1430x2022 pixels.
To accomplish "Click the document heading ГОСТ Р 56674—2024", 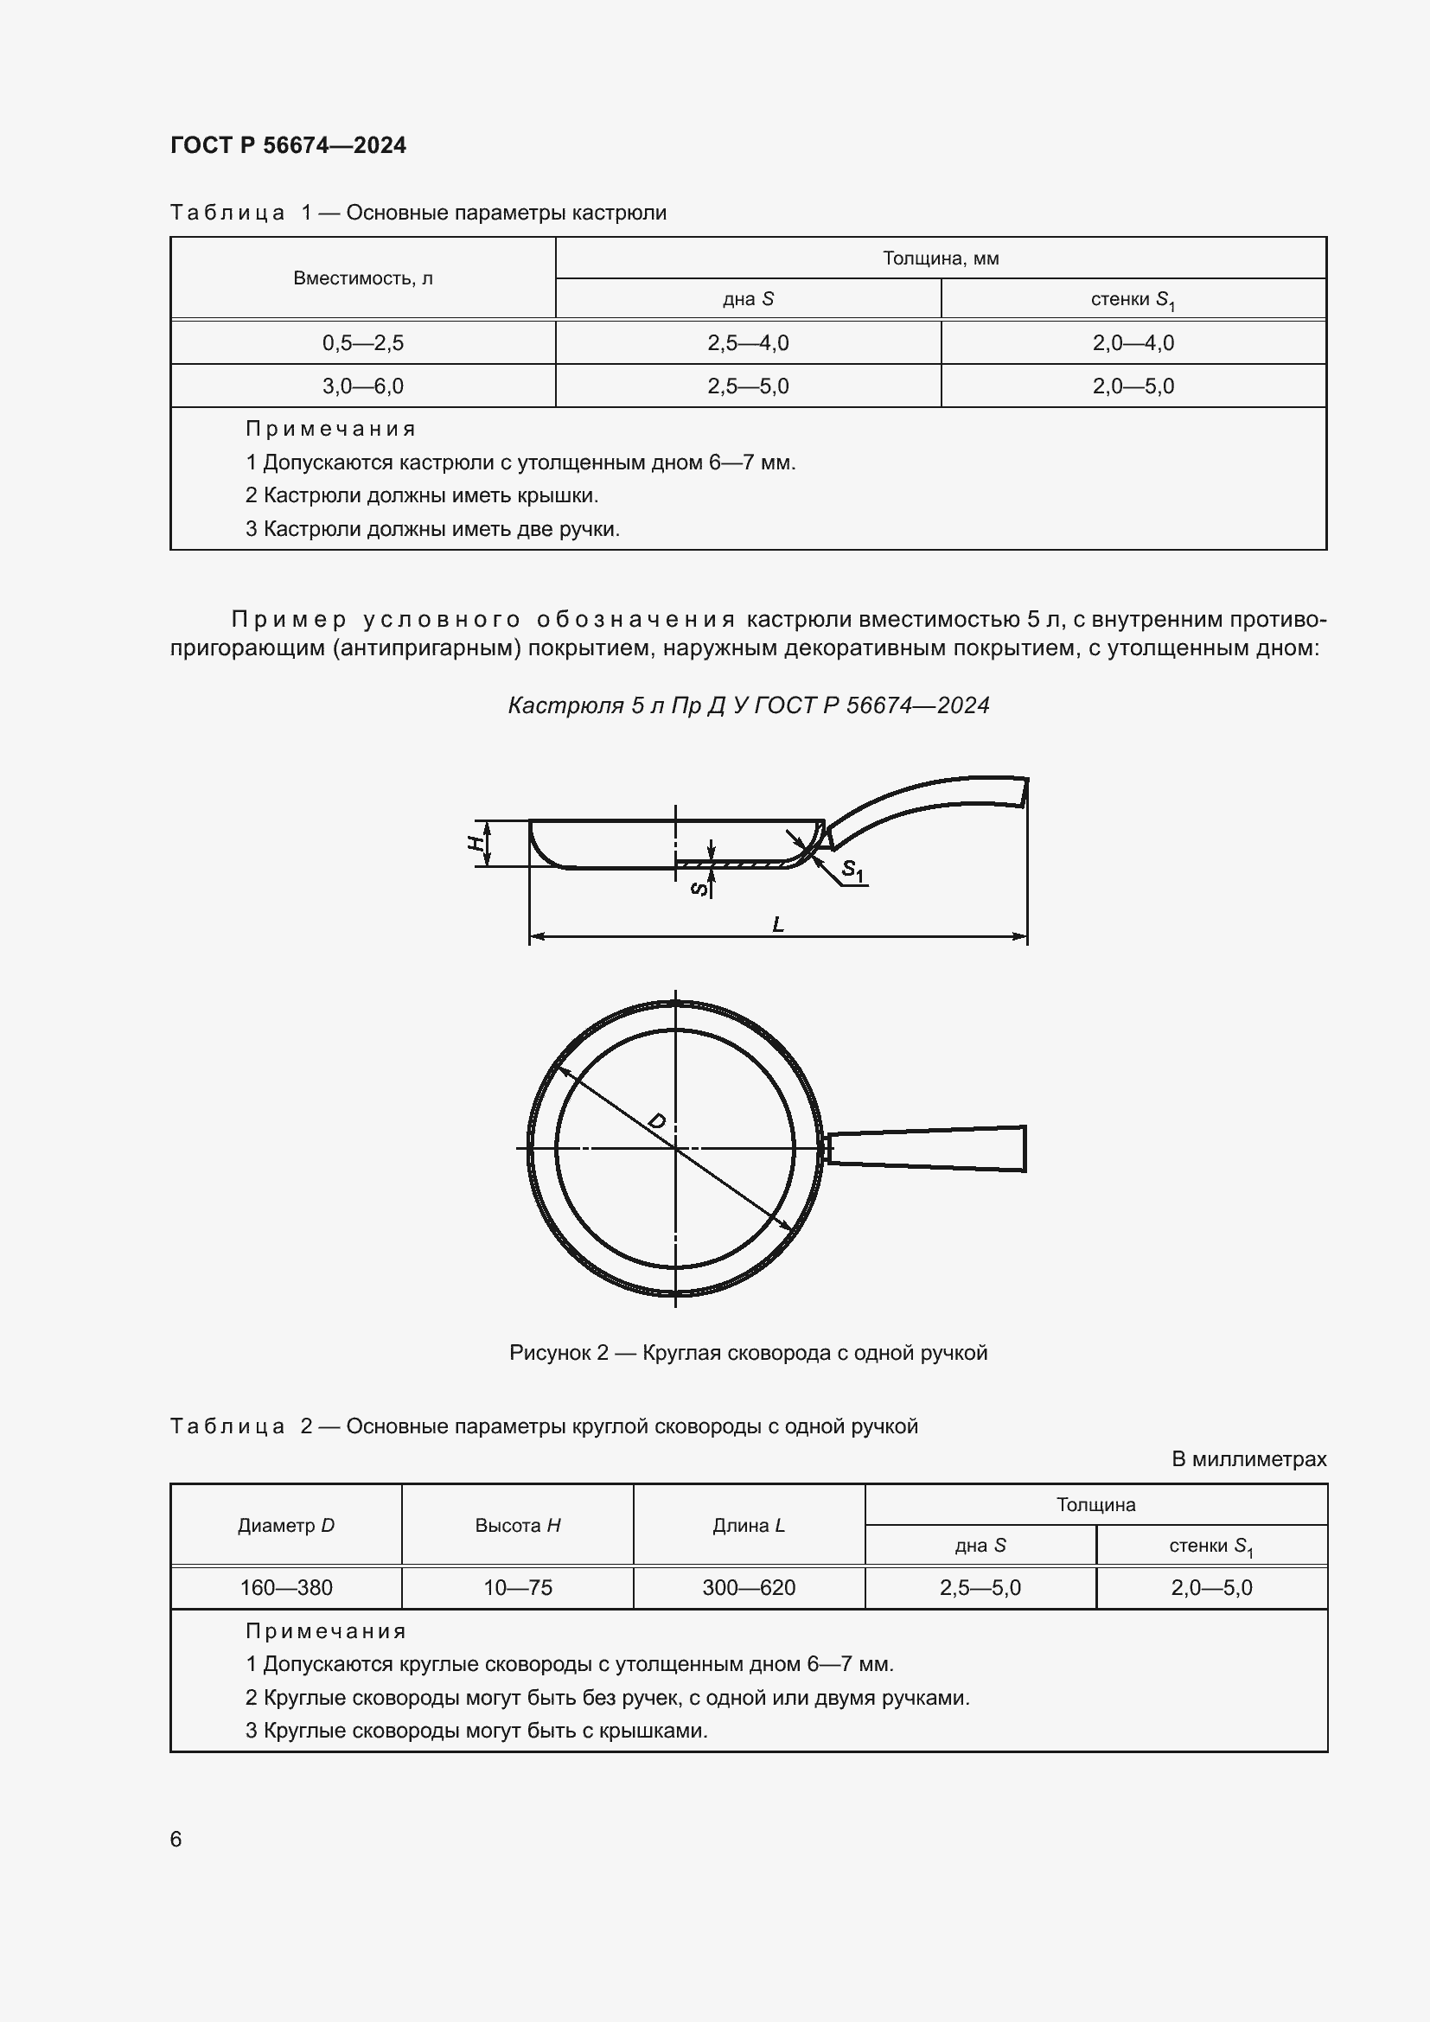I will click(288, 145).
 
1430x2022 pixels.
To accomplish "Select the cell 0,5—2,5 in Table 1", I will click(362, 342).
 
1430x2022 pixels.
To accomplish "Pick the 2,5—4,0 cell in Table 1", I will click(748, 342).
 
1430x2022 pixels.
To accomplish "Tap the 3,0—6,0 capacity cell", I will click(362, 386).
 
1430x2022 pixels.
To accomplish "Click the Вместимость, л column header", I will click(362, 278).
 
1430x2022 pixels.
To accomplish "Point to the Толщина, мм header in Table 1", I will click(940, 258).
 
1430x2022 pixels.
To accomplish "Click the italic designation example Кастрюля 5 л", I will click(748, 705).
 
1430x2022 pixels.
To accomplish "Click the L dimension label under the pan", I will click(777, 924).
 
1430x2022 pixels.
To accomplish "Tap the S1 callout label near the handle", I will click(852, 871).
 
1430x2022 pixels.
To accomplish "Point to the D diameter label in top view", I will click(657, 1121).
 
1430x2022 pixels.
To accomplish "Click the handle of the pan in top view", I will click(929, 1149).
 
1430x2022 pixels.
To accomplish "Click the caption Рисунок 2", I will click(748, 1353).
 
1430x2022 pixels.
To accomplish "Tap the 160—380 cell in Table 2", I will click(286, 1588).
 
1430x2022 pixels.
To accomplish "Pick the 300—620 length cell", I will click(748, 1588).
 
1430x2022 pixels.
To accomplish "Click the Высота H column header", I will click(517, 1525).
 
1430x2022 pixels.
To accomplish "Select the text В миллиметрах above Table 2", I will click(1248, 1459).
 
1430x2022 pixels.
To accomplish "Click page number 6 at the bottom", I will click(176, 1839).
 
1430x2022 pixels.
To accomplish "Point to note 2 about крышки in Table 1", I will click(422, 496).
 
